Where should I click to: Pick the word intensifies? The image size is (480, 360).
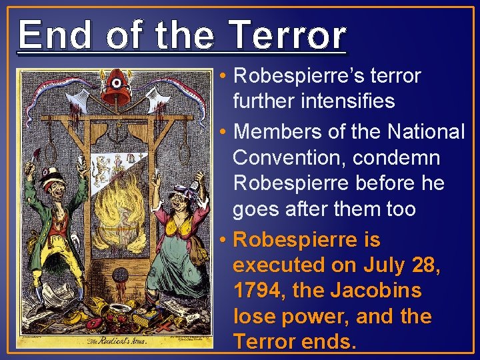323,102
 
